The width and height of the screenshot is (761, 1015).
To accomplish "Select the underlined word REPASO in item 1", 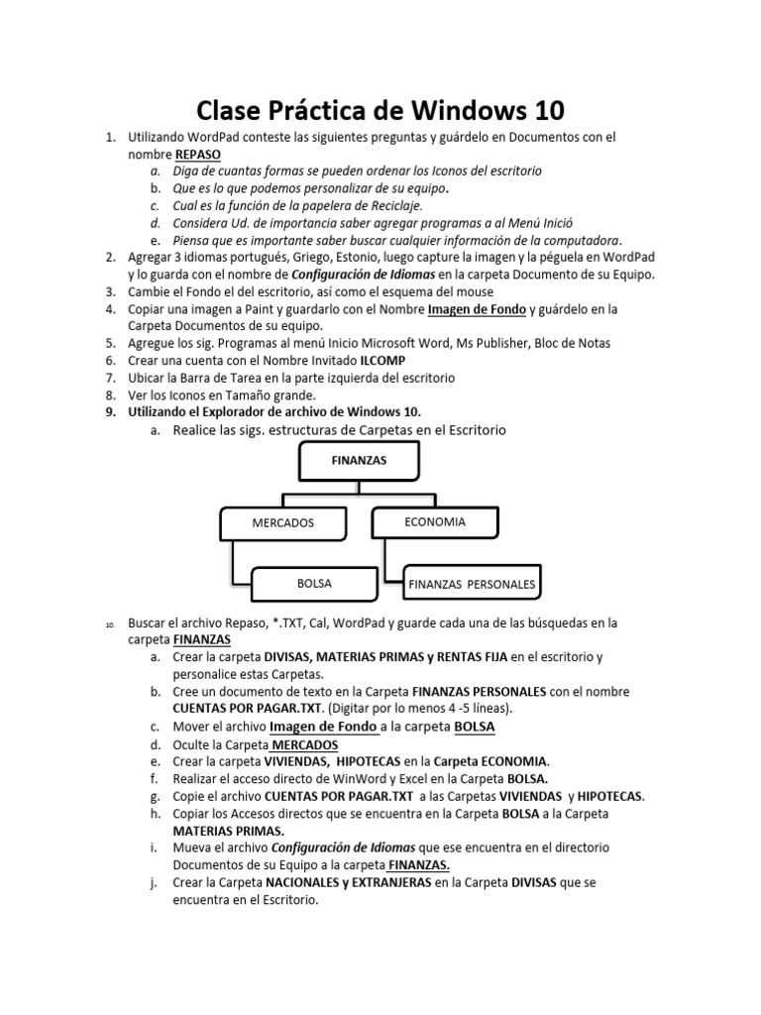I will tap(198, 155).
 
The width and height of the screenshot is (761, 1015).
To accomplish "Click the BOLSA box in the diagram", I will tap(314, 584).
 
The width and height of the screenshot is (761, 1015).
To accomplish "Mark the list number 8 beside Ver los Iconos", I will tap(111, 395).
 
